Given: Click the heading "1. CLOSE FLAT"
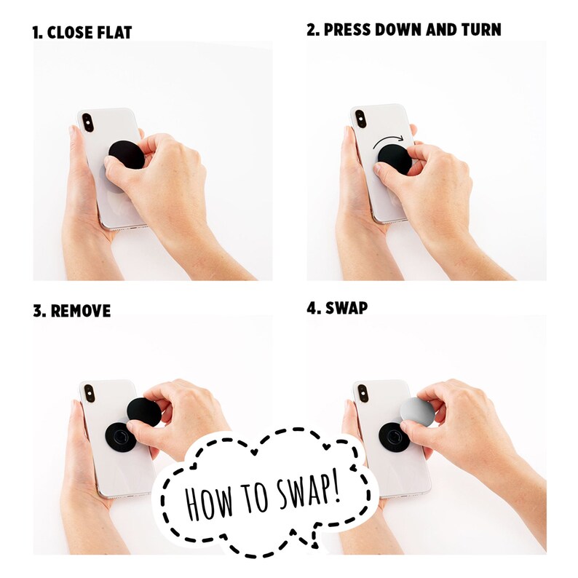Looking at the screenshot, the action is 82,33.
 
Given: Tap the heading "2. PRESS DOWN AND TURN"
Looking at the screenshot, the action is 403,30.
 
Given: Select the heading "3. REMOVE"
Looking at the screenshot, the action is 71,311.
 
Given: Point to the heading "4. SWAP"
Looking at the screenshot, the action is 337,308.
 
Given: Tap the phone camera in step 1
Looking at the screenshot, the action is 87,122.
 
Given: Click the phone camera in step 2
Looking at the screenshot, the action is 360,119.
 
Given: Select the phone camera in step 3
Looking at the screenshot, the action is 90,393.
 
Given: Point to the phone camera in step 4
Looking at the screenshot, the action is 363,393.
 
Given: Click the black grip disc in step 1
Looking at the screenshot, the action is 127,155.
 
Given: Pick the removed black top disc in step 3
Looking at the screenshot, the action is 144,412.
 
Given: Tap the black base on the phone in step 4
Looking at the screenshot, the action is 394,438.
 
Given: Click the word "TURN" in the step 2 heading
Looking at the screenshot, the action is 481,30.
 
